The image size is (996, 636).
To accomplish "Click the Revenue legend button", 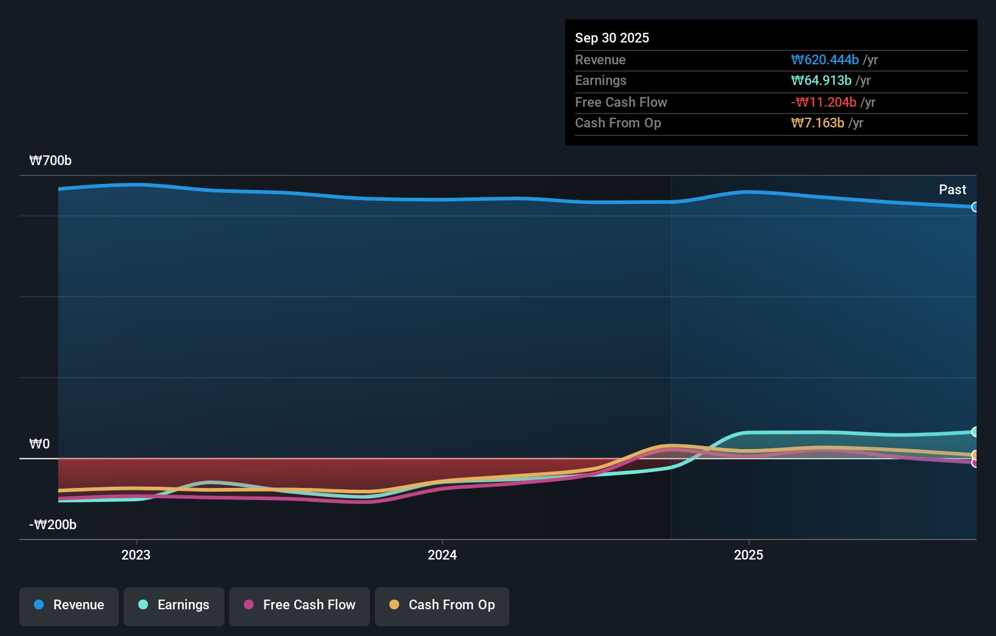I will pos(69,605).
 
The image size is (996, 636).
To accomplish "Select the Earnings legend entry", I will pos(174,605).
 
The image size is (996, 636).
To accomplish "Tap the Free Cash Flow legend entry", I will pos(300,605).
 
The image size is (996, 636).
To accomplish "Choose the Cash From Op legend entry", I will pos(442,605).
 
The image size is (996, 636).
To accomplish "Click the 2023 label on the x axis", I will pos(136,555).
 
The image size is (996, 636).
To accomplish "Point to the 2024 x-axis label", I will pos(442,555).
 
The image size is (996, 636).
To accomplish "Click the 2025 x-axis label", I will pos(749,555).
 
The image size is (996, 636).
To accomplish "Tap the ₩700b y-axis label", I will pos(50,161).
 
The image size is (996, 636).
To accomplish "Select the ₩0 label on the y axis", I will pos(39,444).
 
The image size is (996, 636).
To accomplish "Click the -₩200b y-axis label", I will pos(53,525).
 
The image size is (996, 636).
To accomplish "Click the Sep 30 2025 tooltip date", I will pos(612,38).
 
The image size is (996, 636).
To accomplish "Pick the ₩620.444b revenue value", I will pos(824,60).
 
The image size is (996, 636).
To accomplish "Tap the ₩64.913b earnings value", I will pos(821,81).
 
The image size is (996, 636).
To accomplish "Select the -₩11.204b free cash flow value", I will pos(823,103).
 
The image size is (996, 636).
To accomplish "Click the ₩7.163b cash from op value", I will pos(817,123).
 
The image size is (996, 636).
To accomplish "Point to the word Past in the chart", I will pos(952,190).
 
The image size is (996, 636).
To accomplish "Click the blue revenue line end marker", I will pos(975,207).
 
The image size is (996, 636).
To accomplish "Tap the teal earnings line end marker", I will pos(975,432).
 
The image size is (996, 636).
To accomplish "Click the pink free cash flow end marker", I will pos(975,463).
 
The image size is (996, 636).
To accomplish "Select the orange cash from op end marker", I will pos(975,455).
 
